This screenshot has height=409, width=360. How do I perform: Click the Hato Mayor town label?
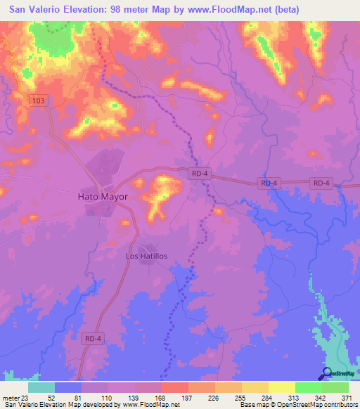pyautogui.click(x=102, y=197)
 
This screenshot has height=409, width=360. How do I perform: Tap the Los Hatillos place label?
pyautogui.click(x=146, y=257)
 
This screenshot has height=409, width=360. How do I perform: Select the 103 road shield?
pyautogui.click(x=39, y=102)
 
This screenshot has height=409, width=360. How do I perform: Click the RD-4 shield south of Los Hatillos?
pyautogui.click(x=91, y=338)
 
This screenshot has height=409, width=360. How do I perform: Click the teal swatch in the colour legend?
pyautogui.click(x=41, y=387)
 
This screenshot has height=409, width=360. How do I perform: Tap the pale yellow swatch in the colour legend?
pyautogui.click(x=281, y=387)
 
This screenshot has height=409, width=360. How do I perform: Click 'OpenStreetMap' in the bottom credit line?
pyautogui.click(x=294, y=404)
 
